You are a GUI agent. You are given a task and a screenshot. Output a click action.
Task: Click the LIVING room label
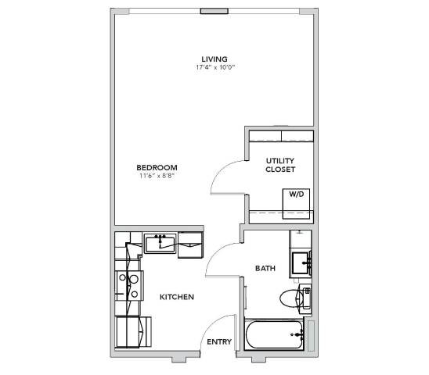click(x=214, y=59)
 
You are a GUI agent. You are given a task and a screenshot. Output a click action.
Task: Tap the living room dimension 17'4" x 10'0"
click(x=215, y=67)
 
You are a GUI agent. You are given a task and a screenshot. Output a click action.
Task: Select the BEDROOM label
click(x=157, y=167)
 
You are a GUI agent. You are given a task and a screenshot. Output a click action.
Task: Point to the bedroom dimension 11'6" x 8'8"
click(x=157, y=176)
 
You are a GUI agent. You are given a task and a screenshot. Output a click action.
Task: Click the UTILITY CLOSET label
click(x=280, y=165)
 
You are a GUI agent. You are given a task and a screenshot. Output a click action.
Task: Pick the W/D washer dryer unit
click(x=296, y=203)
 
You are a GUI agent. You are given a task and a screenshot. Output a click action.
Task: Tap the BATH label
click(x=265, y=268)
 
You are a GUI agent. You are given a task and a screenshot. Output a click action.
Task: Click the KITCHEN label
click(x=177, y=297)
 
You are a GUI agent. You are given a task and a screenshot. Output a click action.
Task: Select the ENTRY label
click(x=219, y=341)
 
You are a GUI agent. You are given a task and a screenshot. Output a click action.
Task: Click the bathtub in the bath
click(x=275, y=334)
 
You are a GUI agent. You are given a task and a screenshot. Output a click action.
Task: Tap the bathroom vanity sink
click(x=301, y=263)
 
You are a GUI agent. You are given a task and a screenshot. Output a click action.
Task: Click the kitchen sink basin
click(x=160, y=244)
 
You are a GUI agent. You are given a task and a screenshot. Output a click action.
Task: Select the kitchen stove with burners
click(x=129, y=286)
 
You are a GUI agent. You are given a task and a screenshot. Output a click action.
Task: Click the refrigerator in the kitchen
click(x=133, y=332)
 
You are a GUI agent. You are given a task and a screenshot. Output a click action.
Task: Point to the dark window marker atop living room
click(x=214, y=11)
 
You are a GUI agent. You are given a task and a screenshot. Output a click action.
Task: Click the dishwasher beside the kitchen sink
click(x=190, y=245)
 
